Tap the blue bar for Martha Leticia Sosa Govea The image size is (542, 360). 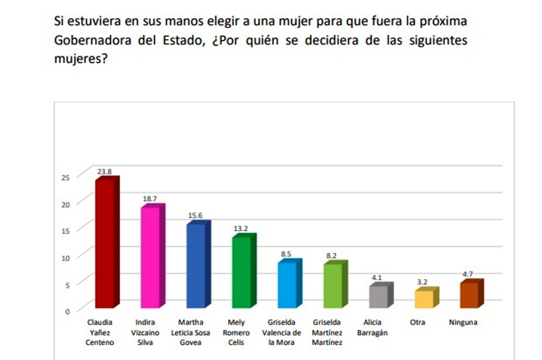(x=196, y=266)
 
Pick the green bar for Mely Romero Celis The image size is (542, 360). (x=241, y=272)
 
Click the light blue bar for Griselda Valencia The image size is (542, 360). (x=287, y=285)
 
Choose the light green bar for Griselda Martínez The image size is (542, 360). (x=333, y=285)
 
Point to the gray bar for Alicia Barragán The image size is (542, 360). (x=378, y=296)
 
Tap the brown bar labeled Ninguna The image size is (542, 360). (x=469, y=294)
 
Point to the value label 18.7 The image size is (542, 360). (x=149, y=197)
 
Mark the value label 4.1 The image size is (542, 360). (x=377, y=278)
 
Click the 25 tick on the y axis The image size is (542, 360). (x=65, y=177)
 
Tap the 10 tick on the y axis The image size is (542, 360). (x=65, y=257)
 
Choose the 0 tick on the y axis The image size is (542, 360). (x=67, y=311)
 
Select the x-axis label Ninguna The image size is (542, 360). (x=463, y=322)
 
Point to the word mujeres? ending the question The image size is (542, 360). (x=81, y=59)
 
